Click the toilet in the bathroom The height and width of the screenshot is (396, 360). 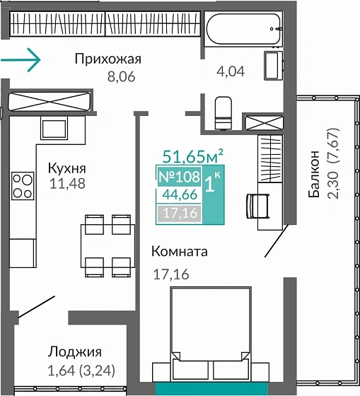pos(223,112)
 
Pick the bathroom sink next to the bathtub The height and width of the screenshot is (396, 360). pos(272,65)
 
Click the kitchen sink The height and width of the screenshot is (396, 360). pos(53,128)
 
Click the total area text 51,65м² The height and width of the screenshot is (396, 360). pos(193,156)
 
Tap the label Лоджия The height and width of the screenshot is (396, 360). pos(75,352)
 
